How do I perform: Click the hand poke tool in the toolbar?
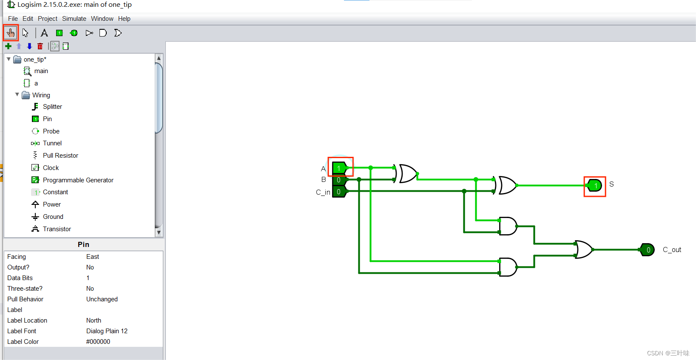click(11, 33)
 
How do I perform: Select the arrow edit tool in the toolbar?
click(26, 33)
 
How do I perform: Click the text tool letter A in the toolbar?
click(44, 33)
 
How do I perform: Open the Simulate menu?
click(74, 19)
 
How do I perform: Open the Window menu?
click(102, 19)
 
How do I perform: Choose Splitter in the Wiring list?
click(52, 107)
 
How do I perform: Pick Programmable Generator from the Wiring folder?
click(78, 180)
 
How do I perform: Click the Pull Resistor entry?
click(60, 156)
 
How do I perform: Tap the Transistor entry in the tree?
click(57, 229)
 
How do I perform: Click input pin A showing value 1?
click(339, 168)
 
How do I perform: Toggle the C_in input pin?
click(339, 192)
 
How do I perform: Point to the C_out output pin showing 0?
click(648, 250)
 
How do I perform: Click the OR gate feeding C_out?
click(583, 249)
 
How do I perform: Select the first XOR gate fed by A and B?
click(407, 173)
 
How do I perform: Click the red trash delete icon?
click(40, 46)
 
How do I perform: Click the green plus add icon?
click(8, 46)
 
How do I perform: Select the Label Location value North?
click(94, 320)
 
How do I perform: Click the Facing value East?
click(93, 257)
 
